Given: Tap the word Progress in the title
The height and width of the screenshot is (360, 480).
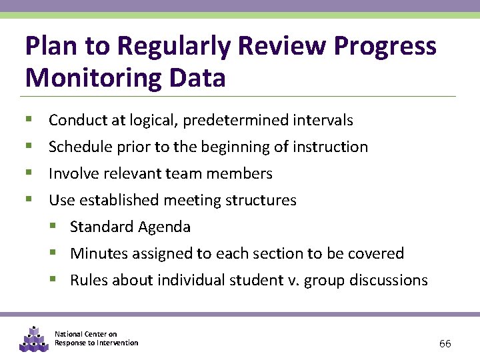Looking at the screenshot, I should [x=385, y=47].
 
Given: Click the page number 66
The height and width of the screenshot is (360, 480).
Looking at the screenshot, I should [x=445, y=343].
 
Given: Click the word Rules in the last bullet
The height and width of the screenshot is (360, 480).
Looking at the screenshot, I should [x=89, y=281].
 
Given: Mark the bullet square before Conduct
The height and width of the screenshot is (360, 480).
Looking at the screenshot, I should [x=29, y=120].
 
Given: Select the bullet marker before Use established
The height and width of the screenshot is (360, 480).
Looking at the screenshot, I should [x=29, y=200].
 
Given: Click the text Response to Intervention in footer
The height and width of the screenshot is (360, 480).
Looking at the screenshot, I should [x=96, y=343].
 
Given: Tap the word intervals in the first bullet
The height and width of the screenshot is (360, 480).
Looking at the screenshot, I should [x=325, y=121].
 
